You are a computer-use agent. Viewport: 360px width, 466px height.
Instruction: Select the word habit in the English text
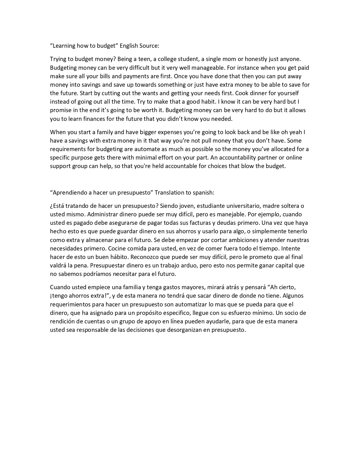click(208, 102)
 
